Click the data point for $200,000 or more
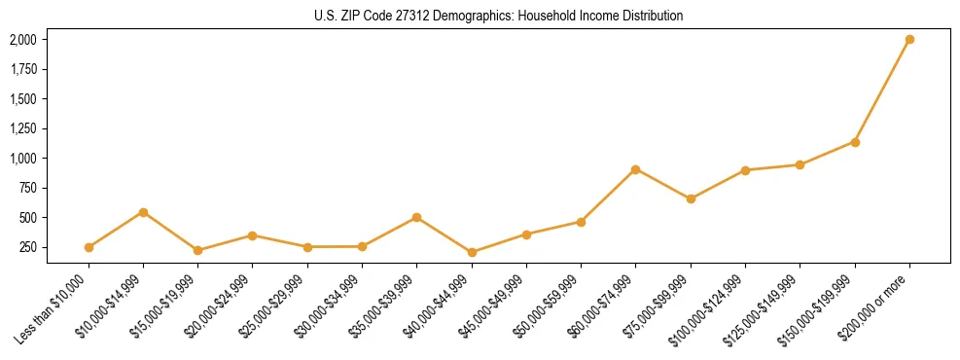click(909, 40)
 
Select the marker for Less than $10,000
click(89, 247)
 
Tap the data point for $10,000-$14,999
click(143, 212)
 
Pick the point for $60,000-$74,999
click(635, 169)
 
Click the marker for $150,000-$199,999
click(855, 142)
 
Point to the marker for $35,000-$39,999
click(417, 217)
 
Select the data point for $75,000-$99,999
click(691, 198)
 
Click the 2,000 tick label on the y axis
click(22, 40)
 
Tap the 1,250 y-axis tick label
click(22, 128)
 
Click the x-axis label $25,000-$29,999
click(273, 305)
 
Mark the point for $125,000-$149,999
click(800, 164)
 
